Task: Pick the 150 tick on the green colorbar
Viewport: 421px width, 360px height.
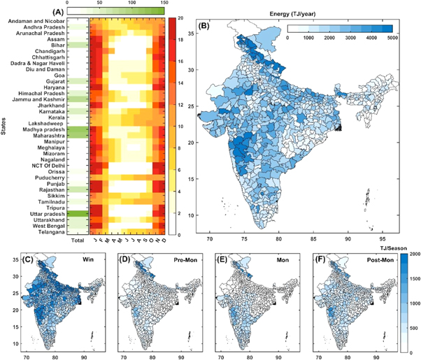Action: coord(164,3)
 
